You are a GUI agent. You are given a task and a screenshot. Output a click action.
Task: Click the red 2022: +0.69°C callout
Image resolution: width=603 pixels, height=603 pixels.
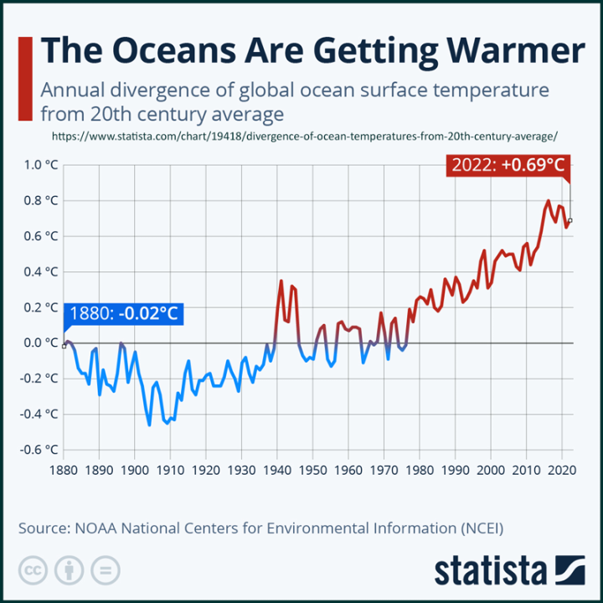pos(508,165)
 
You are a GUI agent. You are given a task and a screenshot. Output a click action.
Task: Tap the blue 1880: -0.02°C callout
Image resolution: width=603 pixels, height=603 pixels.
pos(124,313)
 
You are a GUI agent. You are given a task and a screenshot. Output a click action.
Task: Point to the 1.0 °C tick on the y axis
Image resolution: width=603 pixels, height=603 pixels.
pos(41,165)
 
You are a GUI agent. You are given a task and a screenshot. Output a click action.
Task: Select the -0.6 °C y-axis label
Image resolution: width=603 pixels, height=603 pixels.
pos(39,449)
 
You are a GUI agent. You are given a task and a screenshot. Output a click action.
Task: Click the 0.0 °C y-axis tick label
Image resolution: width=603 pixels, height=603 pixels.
pos(41,343)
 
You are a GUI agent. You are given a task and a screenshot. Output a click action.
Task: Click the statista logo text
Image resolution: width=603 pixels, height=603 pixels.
pos(489,571)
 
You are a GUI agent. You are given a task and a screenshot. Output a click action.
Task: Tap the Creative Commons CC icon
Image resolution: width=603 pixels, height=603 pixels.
pos(33,571)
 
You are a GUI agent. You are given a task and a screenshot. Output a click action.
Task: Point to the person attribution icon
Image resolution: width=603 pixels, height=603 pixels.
pos(69,571)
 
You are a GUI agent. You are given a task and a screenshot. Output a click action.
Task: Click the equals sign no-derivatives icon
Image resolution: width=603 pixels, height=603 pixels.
pos(105,571)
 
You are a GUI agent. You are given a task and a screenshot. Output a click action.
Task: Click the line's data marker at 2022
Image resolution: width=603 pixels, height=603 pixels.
pos(570,220)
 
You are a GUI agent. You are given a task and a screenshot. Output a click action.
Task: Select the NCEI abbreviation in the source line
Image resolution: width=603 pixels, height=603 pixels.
pos(486,528)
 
